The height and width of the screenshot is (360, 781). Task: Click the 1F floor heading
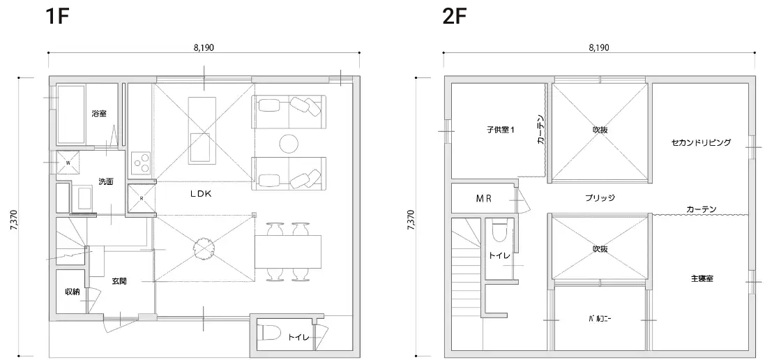56,17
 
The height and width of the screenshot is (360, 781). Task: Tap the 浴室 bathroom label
98,114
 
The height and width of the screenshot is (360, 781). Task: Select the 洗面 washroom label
105,181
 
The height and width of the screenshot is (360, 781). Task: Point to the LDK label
201,195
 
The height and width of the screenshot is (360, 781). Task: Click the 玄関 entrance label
119,281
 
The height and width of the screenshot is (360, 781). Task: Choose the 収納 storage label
73,292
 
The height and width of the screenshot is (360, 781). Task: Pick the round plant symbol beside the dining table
204,247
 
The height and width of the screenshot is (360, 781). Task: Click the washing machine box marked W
68,162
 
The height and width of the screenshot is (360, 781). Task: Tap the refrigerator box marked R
141,198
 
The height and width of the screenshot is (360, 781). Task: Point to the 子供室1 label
501,130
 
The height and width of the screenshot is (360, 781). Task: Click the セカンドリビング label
701,142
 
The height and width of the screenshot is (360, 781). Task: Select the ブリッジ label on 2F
600,198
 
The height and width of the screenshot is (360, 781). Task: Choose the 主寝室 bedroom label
702,278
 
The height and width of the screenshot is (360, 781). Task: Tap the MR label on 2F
483,198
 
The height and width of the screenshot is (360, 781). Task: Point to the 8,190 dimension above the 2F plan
599,48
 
